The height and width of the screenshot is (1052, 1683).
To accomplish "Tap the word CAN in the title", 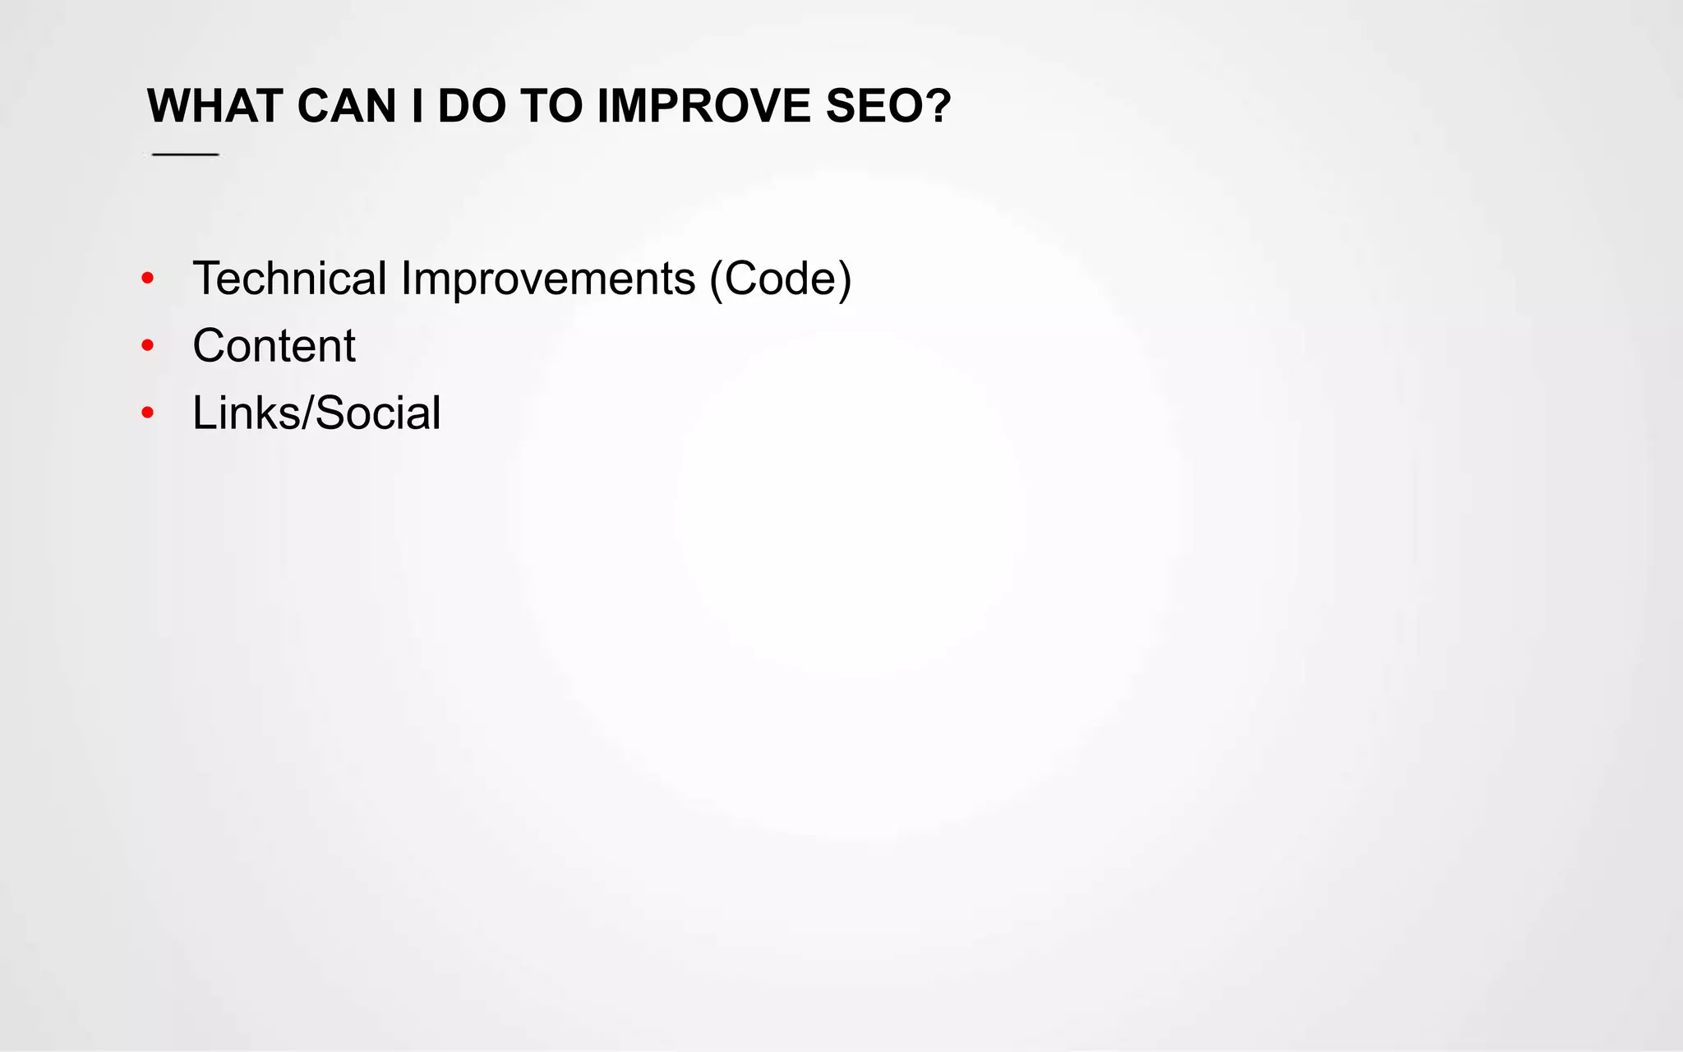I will click(346, 106).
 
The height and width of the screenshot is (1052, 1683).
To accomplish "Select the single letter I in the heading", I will click(417, 106).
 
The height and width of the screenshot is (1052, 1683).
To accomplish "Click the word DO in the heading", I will click(472, 106).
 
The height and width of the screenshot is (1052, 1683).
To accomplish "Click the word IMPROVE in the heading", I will click(704, 106).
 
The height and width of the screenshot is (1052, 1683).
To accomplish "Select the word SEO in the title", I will click(875, 106).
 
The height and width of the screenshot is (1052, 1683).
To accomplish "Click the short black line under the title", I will click(186, 154).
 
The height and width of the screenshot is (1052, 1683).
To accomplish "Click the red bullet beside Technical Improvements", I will click(148, 279).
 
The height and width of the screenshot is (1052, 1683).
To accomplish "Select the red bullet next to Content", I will click(148, 346).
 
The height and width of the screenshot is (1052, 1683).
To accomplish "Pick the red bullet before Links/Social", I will click(148, 413).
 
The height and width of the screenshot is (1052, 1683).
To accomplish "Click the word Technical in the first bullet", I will click(289, 279).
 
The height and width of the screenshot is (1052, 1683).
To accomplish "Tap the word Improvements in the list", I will click(548, 279).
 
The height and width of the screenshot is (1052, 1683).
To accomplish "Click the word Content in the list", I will click(274, 346).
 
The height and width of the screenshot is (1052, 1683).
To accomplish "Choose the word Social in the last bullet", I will click(378, 413).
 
